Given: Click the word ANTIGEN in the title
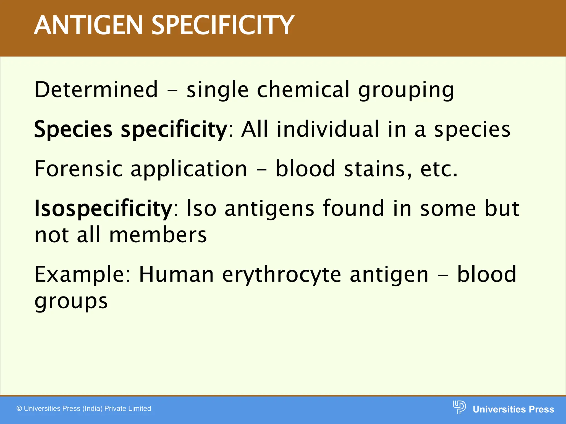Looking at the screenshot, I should click(x=88, y=25).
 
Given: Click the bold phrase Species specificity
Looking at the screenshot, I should click(x=130, y=130).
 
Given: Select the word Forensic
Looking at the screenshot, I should click(x=78, y=169).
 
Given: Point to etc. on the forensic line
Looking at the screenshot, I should click(x=438, y=169).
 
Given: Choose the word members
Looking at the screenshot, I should click(x=158, y=235).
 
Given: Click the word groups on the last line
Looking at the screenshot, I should click(x=71, y=302).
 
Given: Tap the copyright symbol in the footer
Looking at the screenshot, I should click(x=19, y=409).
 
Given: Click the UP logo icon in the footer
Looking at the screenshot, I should click(x=459, y=407).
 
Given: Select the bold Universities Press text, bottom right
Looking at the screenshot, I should click(x=513, y=409).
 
